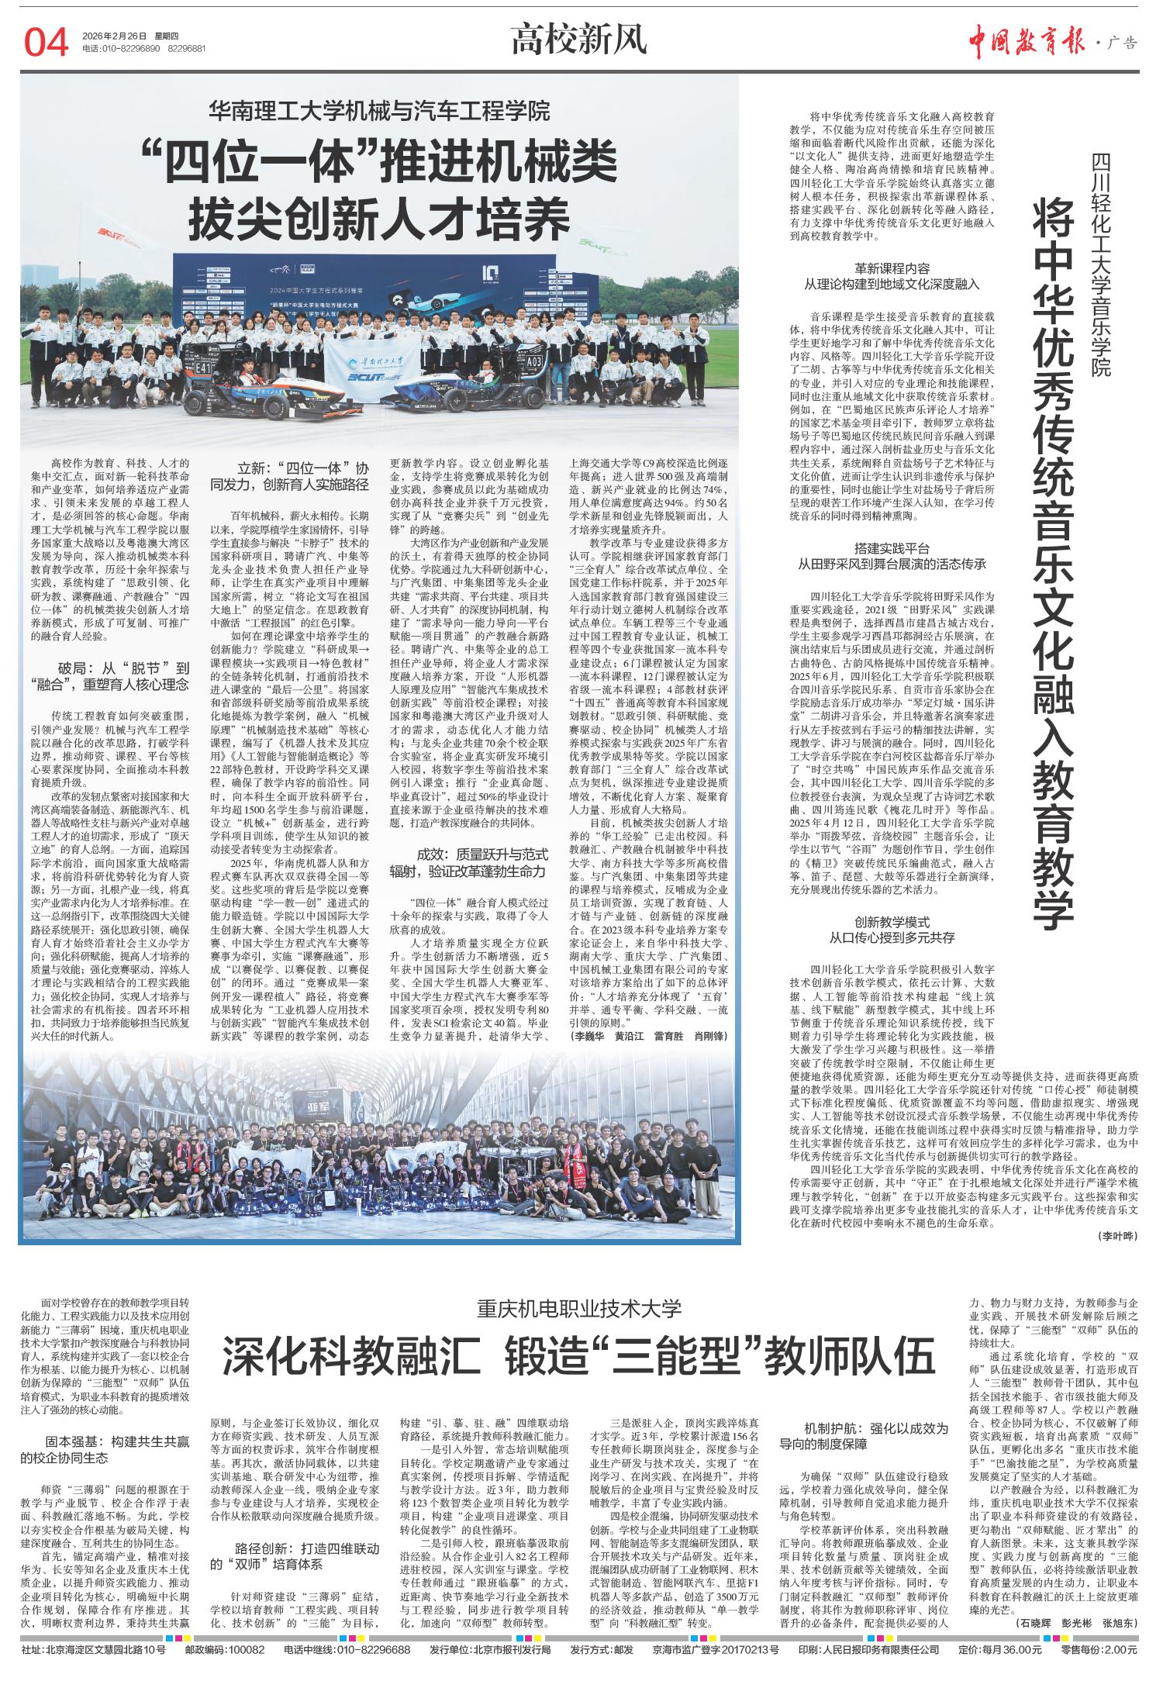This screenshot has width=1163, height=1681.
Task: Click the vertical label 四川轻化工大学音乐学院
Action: (x=1101, y=264)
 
